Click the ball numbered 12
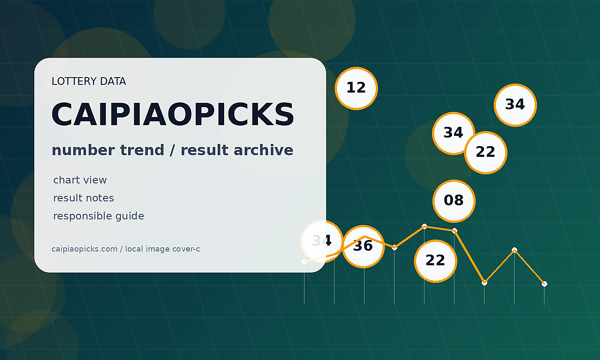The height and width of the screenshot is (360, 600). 356,88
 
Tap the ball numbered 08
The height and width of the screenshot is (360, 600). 454,201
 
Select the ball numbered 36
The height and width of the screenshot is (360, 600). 363,246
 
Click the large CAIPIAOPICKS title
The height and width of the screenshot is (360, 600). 173,114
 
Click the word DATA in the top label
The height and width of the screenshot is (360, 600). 113,81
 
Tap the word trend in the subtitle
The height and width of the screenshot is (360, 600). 142,150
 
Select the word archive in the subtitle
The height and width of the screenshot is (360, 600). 264,150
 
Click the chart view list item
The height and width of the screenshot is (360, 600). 80,180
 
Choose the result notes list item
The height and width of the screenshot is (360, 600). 84,198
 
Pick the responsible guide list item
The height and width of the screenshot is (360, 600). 99,216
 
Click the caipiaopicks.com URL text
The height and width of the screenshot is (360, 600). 84,249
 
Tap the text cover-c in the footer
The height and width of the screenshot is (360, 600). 186,249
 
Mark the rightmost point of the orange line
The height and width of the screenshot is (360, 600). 544,284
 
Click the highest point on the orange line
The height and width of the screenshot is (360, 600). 424,227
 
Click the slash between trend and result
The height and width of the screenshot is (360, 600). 172,150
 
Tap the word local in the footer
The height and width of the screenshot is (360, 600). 134,249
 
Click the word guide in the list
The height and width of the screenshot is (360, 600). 130,216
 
